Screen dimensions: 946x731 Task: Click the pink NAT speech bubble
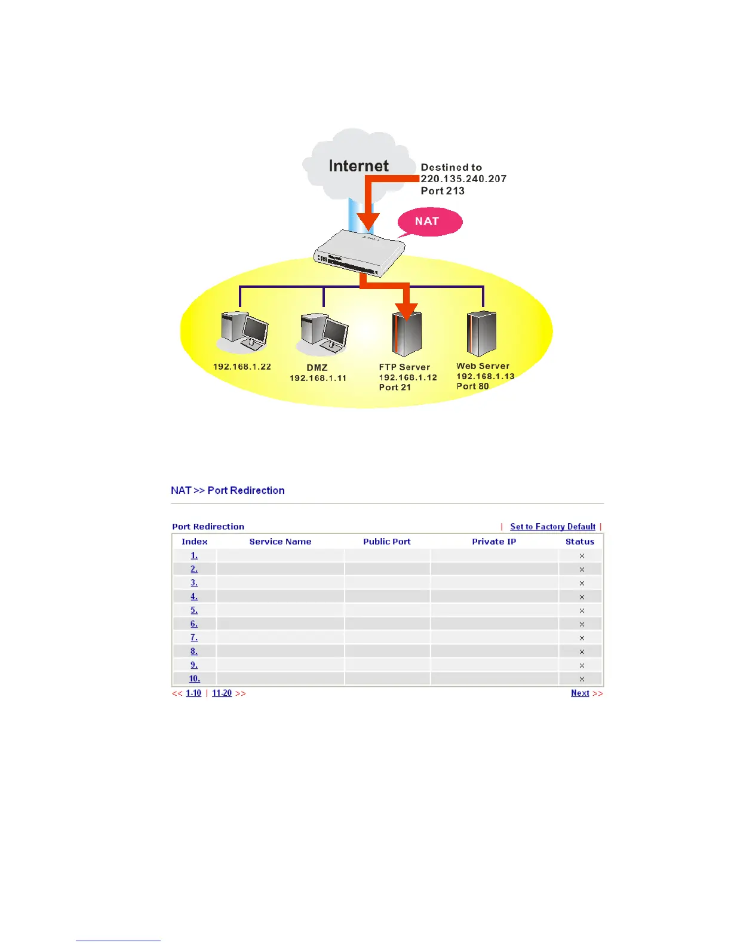(429, 222)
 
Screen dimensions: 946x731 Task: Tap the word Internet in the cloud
(358, 166)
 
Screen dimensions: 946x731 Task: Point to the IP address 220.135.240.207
(463, 179)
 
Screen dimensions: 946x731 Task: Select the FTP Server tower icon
(407, 334)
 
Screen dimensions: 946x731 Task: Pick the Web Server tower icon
(481, 333)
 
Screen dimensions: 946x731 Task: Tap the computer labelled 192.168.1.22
(244, 333)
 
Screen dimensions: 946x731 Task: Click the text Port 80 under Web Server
(472, 386)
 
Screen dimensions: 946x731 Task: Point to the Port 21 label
(395, 388)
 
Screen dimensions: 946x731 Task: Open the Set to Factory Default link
(552, 527)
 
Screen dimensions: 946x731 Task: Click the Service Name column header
(280, 542)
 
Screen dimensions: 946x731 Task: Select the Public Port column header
(386, 542)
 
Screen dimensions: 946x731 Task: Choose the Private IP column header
(494, 542)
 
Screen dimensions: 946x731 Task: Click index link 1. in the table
(194, 555)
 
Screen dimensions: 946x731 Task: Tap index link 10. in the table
(194, 679)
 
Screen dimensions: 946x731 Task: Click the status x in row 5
(582, 610)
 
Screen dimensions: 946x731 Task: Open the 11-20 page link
(222, 693)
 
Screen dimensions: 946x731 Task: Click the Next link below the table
(580, 693)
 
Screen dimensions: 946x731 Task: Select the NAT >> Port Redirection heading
(228, 490)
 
